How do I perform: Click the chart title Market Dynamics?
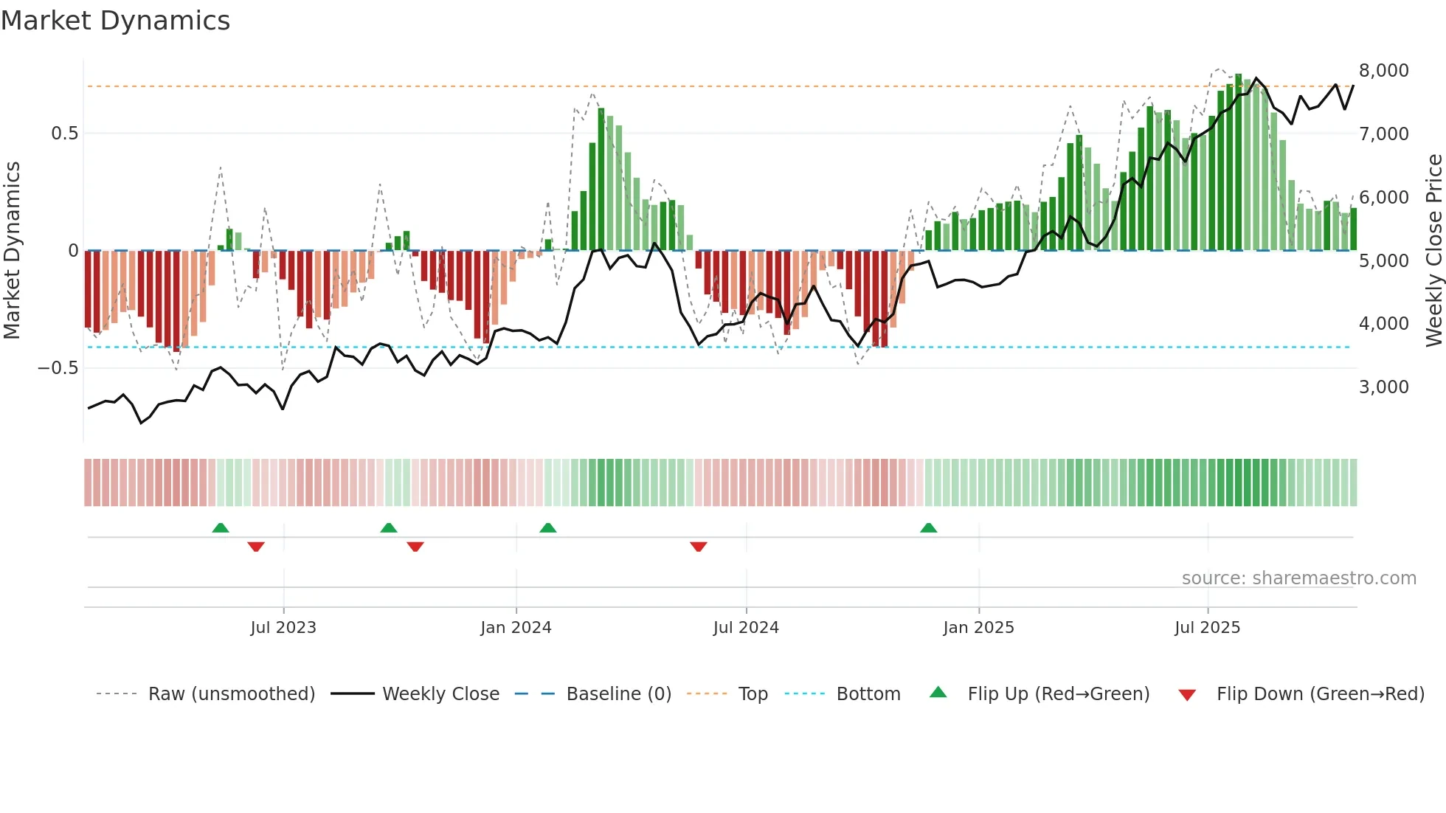pos(116,21)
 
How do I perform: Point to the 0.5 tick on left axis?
pos(64,134)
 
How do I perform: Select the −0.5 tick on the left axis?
pos(58,368)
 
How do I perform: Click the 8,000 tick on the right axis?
pos(1383,71)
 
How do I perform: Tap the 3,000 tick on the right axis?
pos(1383,387)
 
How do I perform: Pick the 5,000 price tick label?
pos(1383,261)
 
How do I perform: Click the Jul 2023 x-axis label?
pos(283,628)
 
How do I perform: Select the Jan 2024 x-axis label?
pos(516,628)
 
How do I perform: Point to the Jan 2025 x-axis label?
pos(978,628)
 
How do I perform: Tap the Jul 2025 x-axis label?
pos(1207,628)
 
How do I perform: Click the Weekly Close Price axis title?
pos(1433,251)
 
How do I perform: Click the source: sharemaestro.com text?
pos(1298,578)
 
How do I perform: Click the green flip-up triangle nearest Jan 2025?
pos(928,527)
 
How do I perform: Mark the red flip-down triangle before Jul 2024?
pos(699,547)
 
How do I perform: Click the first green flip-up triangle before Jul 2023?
pos(221,527)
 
